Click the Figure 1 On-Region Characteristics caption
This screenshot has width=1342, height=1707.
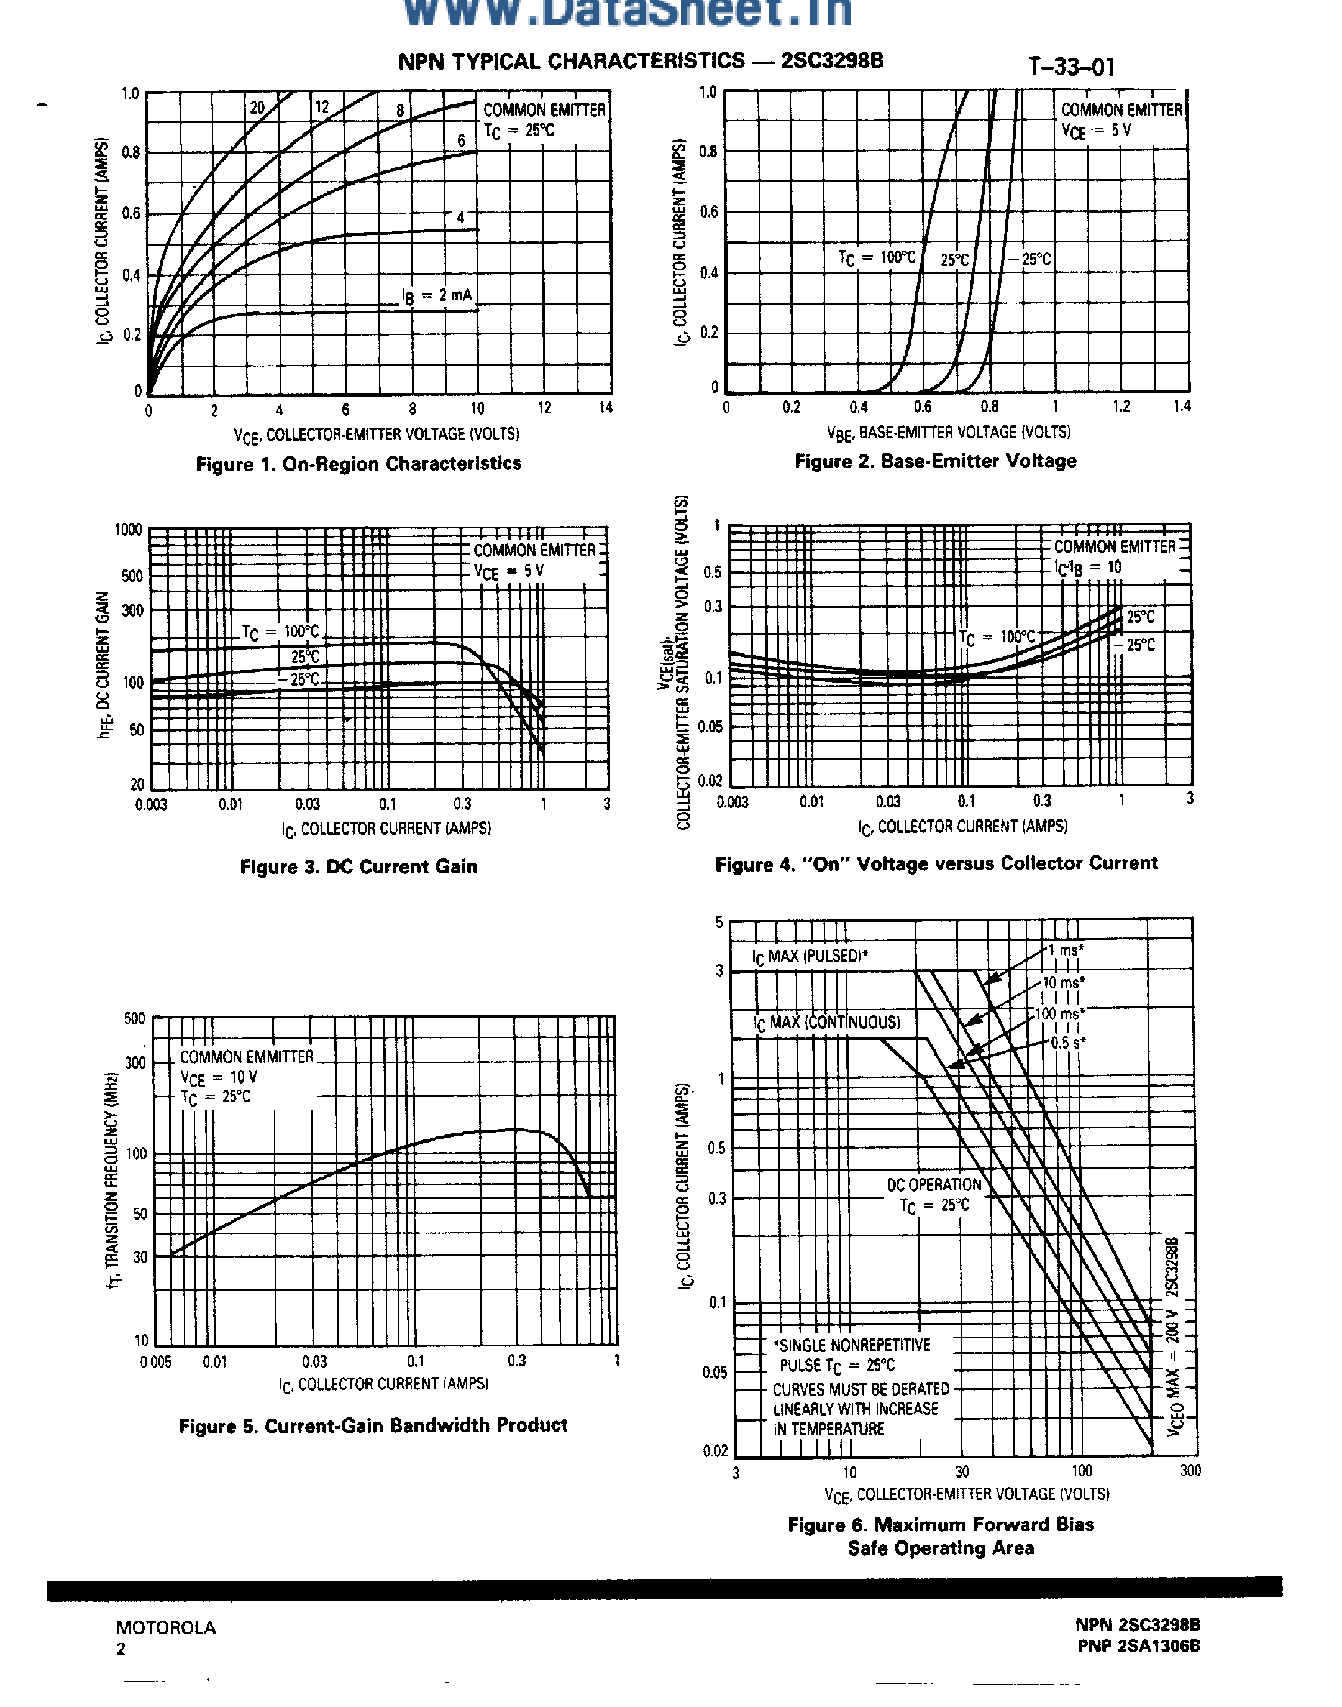point(358,464)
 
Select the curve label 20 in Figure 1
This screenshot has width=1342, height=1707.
point(258,108)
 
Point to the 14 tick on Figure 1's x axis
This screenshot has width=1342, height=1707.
point(605,408)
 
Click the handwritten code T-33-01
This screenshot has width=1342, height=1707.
point(1072,68)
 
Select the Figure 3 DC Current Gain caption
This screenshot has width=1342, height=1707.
point(358,867)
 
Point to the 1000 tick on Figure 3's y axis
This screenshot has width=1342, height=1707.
point(128,530)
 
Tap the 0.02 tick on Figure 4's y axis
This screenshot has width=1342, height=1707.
point(710,780)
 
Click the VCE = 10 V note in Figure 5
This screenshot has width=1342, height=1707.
point(219,1077)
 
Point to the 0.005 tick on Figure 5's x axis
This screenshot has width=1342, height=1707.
point(155,1362)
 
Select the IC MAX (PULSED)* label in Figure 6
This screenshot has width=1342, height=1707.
point(810,957)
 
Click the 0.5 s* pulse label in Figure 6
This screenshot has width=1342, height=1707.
point(1069,1043)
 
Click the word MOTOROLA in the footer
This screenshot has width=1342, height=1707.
point(166,1627)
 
